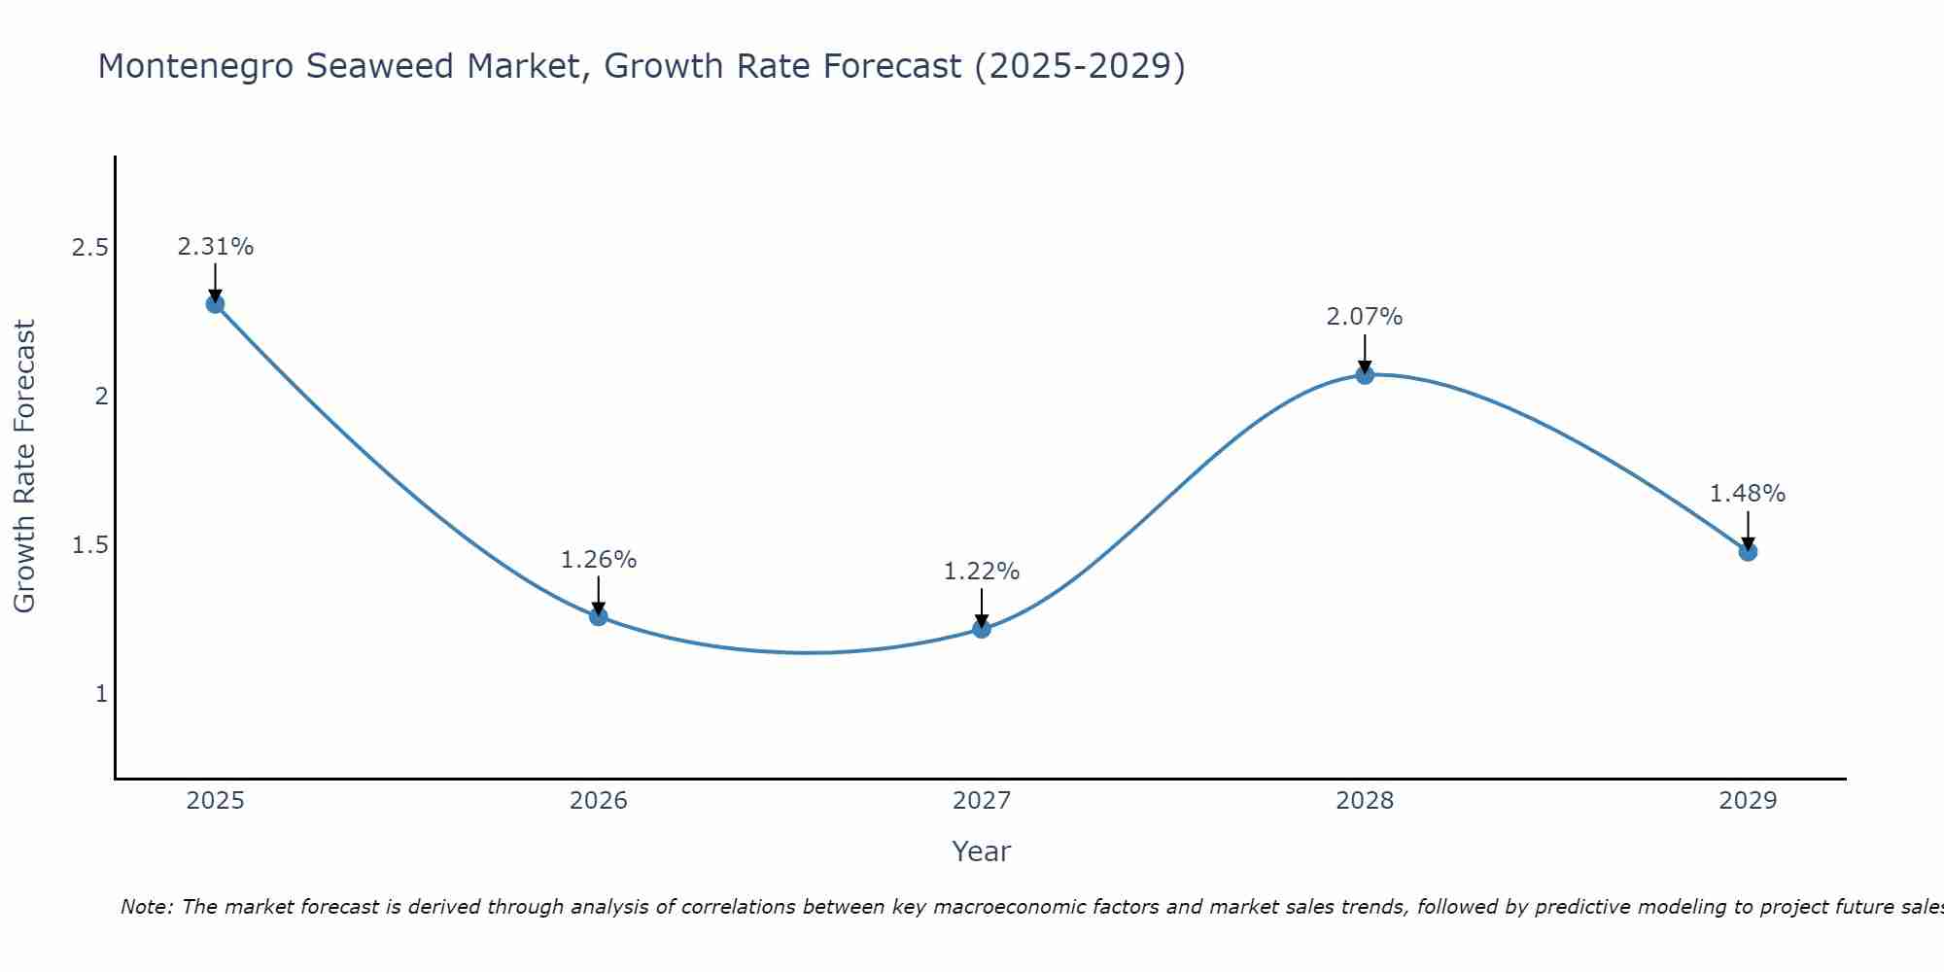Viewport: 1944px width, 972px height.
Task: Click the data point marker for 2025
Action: tap(215, 304)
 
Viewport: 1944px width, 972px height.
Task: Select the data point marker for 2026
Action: tap(598, 616)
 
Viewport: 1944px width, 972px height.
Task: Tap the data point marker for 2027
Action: tap(982, 629)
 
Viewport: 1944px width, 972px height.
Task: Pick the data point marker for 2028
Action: tap(1365, 375)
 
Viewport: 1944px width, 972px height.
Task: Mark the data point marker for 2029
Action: tap(1748, 552)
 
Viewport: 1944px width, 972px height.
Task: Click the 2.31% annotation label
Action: tap(215, 247)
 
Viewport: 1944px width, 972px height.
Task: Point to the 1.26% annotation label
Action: tap(598, 560)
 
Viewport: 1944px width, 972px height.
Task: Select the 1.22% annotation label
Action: tap(982, 572)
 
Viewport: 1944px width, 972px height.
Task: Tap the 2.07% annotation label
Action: tap(1365, 317)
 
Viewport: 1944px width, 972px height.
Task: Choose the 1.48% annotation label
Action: tap(1748, 494)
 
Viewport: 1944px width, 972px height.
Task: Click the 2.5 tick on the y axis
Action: tap(89, 248)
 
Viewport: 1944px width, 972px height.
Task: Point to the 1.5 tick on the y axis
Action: tap(89, 545)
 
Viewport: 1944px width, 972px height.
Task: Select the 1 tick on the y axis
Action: tap(101, 694)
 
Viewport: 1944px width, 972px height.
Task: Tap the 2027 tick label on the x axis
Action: tap(982, 801)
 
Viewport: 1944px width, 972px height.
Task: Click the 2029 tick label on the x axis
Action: tap(1748, 801)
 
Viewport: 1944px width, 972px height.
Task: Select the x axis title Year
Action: tap(982, 851)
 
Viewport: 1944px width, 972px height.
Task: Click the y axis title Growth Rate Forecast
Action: tap(24, 467)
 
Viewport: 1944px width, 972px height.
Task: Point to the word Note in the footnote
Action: tap(146, 907)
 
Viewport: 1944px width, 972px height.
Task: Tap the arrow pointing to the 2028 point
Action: tap(1365, 355)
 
